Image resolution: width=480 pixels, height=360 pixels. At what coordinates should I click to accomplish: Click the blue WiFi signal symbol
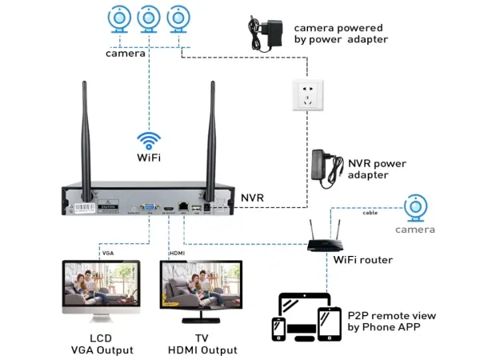click(149, 139)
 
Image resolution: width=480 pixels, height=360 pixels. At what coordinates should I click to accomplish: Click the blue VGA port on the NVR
click(148, 207)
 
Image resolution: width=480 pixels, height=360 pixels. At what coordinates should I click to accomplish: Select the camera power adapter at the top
click(267, 34)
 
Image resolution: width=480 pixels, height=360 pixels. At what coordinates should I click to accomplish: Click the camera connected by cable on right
click(414, 208)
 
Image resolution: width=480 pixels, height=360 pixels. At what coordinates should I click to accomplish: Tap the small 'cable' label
click(370, 213)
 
